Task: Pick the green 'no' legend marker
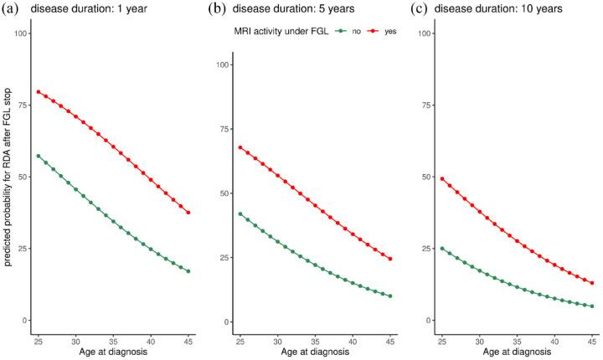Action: (317, 31)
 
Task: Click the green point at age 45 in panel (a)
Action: (188, 271)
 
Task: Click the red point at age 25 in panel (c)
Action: (441, 179)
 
